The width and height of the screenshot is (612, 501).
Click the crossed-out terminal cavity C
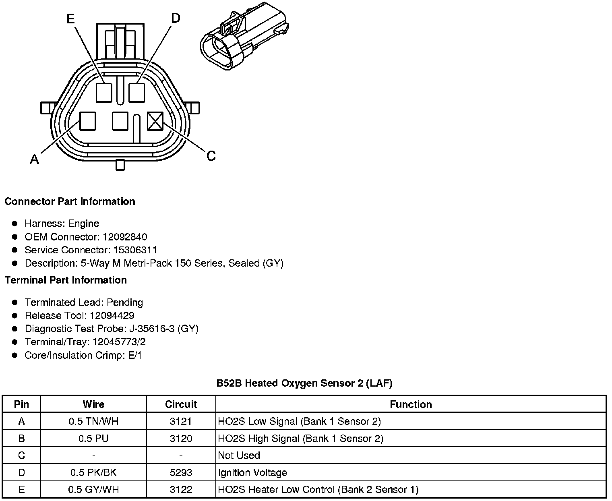click(x=155, y=121)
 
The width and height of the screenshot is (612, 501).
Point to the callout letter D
click(x=176, y=18)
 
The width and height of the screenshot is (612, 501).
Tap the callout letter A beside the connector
click(x=35, y=160)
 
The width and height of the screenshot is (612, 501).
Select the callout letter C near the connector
click(x=211, y=155)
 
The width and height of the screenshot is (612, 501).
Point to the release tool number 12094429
click(x=112, y=315)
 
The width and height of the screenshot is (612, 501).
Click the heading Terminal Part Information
click(x=66, y=280)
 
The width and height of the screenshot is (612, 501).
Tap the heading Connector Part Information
click(x=70, y=201)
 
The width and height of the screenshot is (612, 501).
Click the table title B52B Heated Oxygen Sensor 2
click(x=304, y=383)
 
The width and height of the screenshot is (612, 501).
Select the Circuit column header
click(x=181, y=404)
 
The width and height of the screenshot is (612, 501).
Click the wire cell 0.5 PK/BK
click(x=93, y=472)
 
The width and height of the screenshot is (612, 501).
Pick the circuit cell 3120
click(x=181, y=438)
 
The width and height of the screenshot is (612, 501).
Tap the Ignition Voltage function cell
click(x=252, y=472)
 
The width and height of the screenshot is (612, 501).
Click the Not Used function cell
click(x=239, y=455)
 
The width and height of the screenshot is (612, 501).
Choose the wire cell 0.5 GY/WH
click(x=93, y=489)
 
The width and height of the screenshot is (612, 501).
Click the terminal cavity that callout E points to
click(x=104, y=92)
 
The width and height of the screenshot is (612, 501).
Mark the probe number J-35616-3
click(x=152, y=329)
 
